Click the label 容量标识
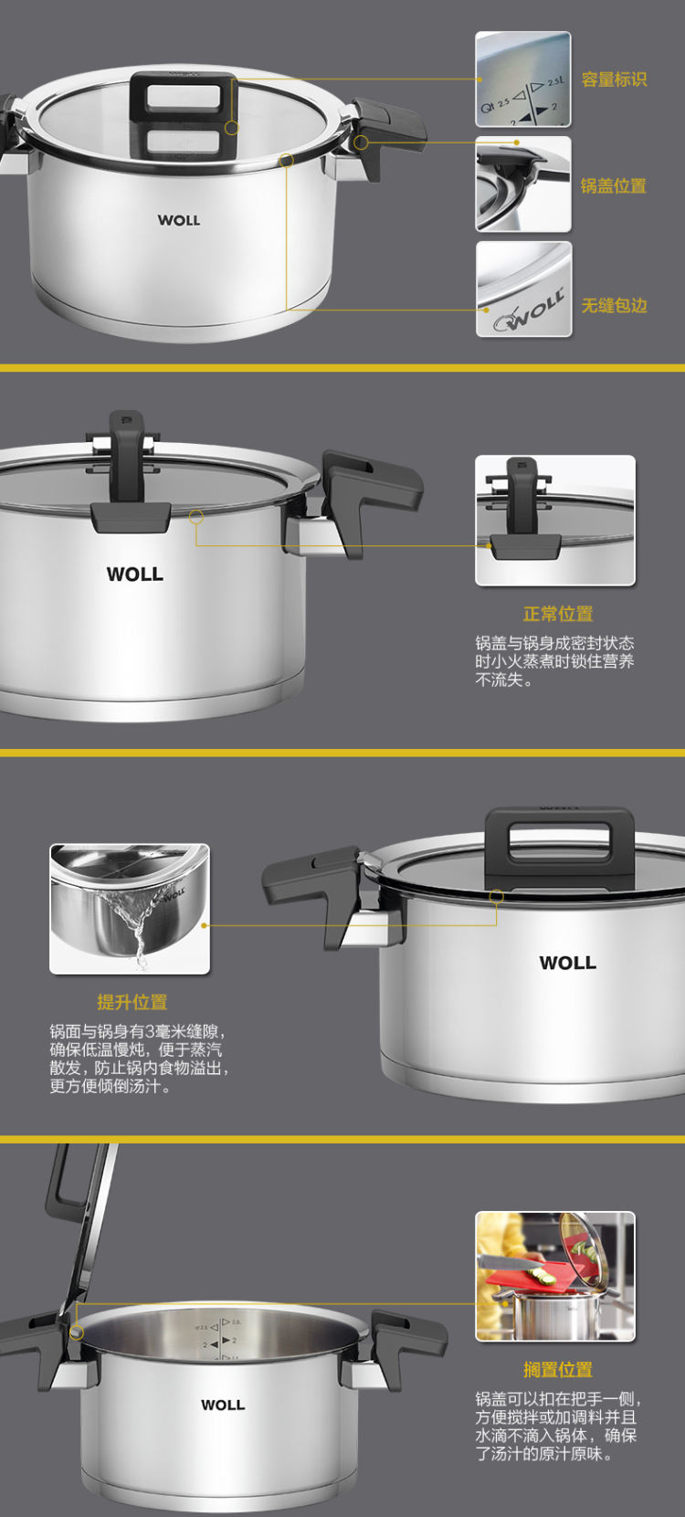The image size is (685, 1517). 614,79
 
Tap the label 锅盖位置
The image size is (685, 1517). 613,185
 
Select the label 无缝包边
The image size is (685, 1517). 614,305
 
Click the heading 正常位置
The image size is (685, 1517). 558,615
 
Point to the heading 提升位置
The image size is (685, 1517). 132,1002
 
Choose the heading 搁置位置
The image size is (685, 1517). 558,1369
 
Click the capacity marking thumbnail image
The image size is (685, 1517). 523,79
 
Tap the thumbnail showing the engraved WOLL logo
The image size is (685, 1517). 523,290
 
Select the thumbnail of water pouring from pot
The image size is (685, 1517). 130,909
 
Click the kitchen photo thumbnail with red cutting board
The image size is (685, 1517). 555,1277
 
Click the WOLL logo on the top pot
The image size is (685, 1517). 179,220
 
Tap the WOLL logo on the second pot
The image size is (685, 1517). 135,574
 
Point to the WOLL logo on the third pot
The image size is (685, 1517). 568,963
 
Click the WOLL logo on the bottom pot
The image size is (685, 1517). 223,1405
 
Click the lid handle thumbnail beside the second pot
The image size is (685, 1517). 555,520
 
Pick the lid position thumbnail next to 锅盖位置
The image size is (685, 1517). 523,184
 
